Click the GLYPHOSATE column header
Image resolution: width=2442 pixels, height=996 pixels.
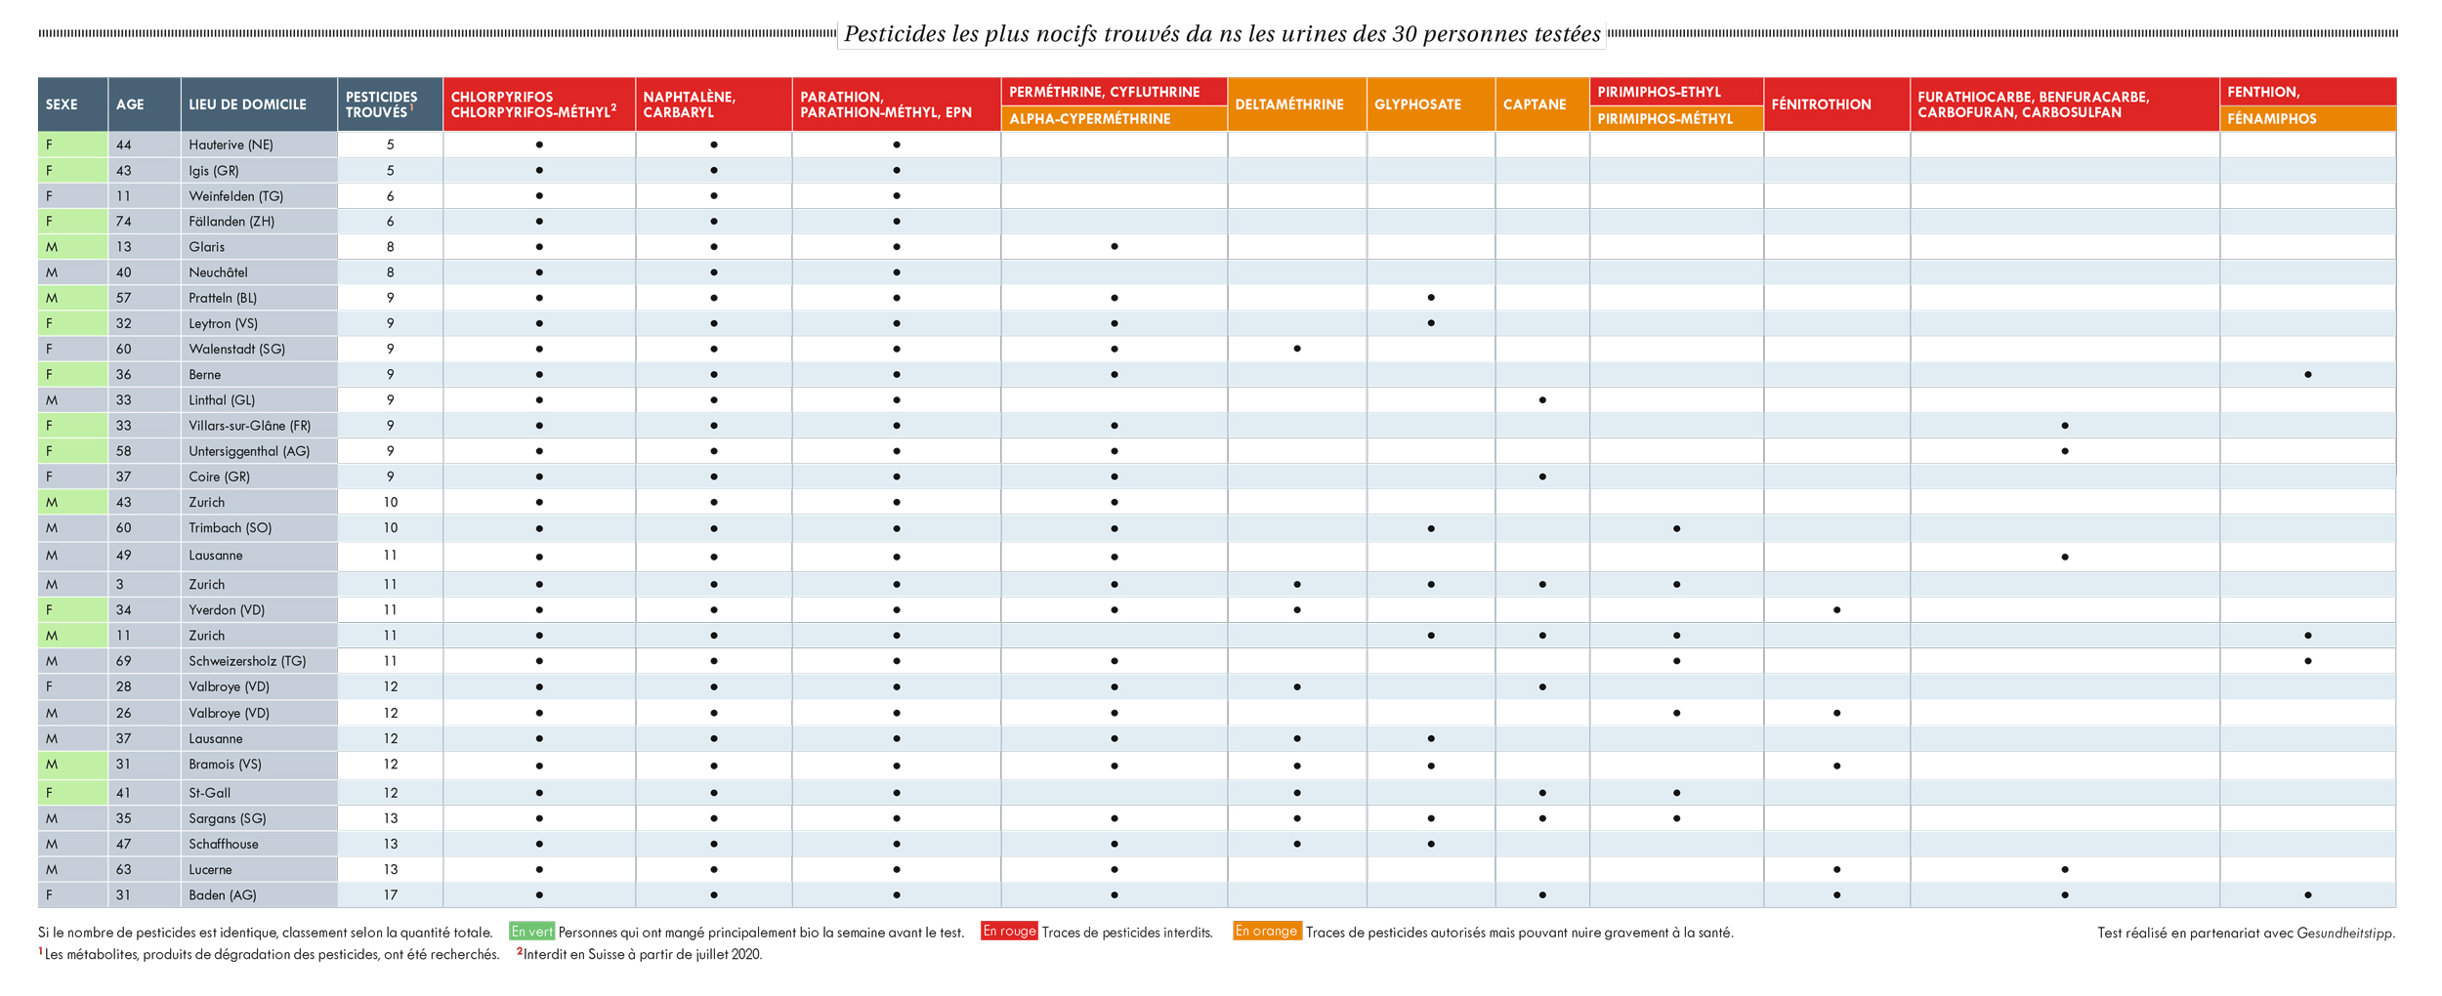click(x=1417, y=104)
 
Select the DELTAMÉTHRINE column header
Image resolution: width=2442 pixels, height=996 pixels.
click(x=1288, y=104)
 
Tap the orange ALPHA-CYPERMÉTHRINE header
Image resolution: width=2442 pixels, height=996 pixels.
click(x=1089, y=119)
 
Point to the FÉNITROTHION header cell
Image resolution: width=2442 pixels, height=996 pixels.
click(x=1821, y=104)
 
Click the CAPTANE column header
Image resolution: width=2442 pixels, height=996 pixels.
click(x=1534, y=104)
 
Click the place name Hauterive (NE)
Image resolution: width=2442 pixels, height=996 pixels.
click(x=231, y=145)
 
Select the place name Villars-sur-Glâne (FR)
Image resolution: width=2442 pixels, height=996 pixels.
click(x=249, y=426)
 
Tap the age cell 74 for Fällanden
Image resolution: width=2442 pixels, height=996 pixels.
click(x=124, y=222)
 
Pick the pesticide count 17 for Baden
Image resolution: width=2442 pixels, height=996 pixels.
click(x=390, y=895)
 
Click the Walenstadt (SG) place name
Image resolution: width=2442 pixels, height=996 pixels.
click(x=236, y=350)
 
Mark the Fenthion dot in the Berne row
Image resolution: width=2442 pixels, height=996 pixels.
click(x=2307, y=375)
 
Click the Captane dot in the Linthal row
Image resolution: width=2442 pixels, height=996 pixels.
click(x=1542, y=400)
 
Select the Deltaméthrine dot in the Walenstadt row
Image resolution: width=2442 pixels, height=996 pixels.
click(x=1296, y=349)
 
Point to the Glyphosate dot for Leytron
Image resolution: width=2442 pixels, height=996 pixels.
click(x=1431, y=323)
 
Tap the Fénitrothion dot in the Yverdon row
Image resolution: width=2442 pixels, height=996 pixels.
click(x=1837, y=610)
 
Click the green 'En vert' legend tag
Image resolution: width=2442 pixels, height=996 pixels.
click(x=531, y=933)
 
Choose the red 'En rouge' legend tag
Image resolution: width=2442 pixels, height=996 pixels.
click(x=1009, y=932)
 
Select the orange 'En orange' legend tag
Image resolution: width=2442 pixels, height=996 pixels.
click(x=1266, y=932)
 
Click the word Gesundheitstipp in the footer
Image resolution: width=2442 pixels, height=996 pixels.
click(x=2344, y=934)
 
